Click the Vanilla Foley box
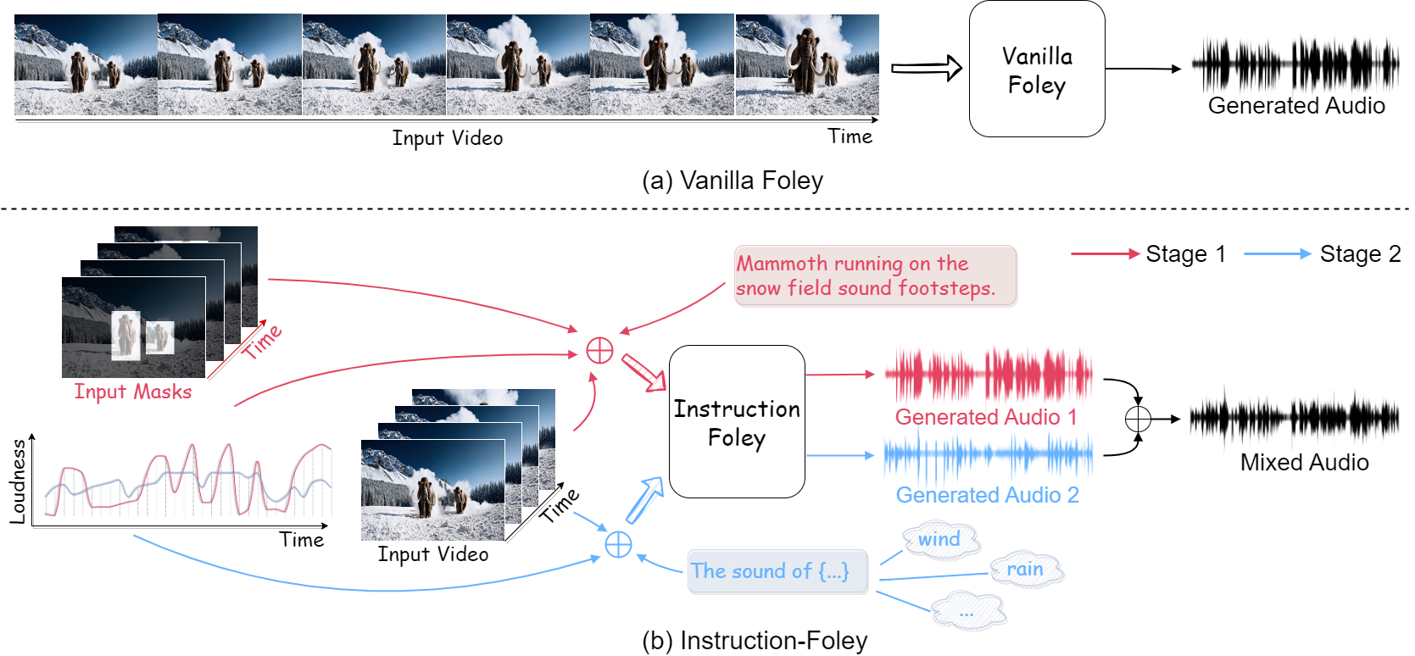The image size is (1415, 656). [1036, 69]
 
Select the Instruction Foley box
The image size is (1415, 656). [737, 422]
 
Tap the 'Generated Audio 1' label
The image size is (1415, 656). [986, 417]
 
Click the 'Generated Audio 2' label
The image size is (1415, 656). [987, 495]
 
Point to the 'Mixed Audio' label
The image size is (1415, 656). [1304, 463]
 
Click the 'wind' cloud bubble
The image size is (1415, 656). [940, 540]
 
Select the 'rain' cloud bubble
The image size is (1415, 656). [1025, 570]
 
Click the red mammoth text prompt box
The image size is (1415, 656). [875, 276]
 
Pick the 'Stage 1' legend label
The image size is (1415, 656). [1185, 254]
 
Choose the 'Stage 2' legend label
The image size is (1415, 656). [1360, 254]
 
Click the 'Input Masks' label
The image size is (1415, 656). [133, 392]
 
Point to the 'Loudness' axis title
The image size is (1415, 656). [18, 481]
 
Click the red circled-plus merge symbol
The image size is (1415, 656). [599, 350]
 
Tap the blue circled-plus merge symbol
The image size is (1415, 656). [618, 544]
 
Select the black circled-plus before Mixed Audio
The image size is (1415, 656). [1138, 419]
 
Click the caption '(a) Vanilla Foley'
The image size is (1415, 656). [733, 181]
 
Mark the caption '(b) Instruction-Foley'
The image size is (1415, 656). [755, 641]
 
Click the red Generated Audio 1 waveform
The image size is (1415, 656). [988, 375]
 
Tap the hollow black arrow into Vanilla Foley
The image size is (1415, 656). [926, 69]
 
